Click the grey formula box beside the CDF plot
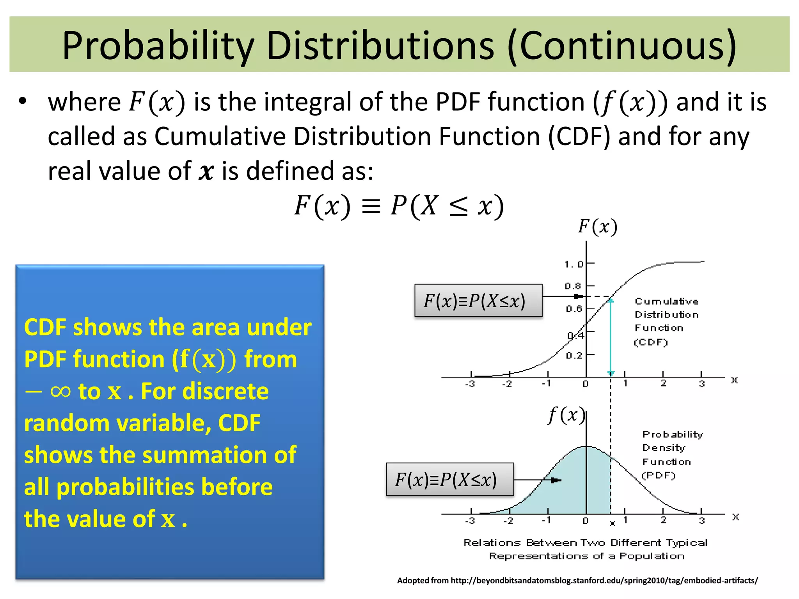(478, 301)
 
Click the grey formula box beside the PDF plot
(450, 479)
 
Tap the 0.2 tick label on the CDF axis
(574, 355)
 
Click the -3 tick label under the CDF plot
(470, 384)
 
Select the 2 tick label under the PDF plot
(663, 520)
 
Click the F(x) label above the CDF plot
(598, 227)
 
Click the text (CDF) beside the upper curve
(651, 342)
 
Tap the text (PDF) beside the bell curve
(659, 475)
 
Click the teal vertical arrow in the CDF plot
(611, 335)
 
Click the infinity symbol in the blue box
(60, 391)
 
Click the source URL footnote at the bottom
(577, 580)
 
